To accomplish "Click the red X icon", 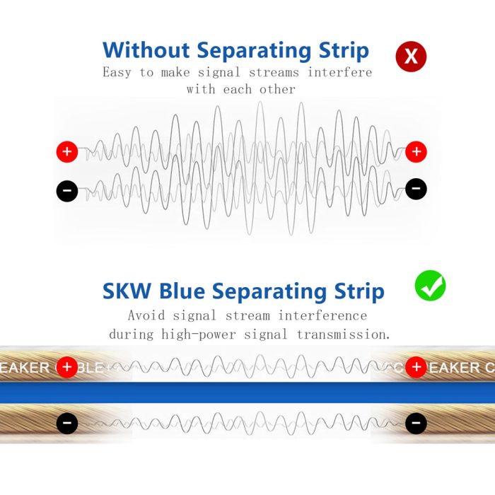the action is tap(411, 57).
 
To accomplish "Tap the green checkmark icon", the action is tap(430, 286).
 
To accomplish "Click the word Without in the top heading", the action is tap(146, 50).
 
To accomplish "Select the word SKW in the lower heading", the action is tap(127, 291).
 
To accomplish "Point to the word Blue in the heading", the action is tap(182, 291).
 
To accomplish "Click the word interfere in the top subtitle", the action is tap(339, 72).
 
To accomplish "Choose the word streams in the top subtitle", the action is tap(274, 73).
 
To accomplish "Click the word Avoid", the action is tap(146, 315).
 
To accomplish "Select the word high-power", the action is tap(199, 334).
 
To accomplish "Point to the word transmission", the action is tap(344, 334).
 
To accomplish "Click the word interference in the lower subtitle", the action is tap(322, 315).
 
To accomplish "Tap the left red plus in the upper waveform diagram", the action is tap(67, 152).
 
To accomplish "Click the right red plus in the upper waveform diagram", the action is tap(416, 152).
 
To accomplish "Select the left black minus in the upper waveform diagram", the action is tap(67, 191).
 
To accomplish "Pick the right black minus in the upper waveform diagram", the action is tap(416, 189).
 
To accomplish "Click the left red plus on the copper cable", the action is tap(67, 367).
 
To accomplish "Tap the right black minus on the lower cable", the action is tap(416, 423).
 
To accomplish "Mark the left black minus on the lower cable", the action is tap(67, 423).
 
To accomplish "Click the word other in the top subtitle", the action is tap(277, 89).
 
